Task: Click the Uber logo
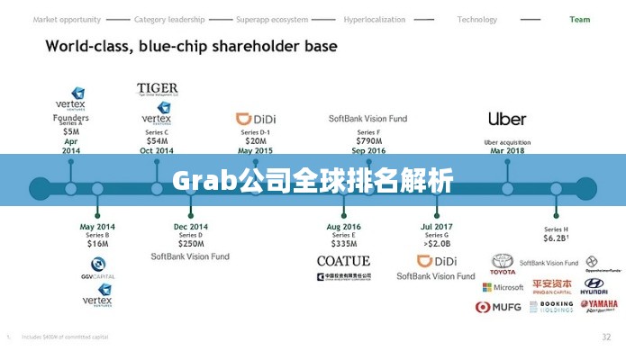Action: tap(507, 119)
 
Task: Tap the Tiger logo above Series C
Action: tap(157, 89)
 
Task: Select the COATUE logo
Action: tap(343, 261)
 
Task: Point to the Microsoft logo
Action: tap(503, 287)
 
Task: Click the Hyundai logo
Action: tap(594, 287)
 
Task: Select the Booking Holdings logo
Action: tap(551, 307)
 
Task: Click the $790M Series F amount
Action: tap(367, 140)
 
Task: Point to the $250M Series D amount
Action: tap(190, 243)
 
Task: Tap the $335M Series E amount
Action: tap(343, 243)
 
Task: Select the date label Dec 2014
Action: tap(190, 227)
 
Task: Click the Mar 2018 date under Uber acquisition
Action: tap(507, 150)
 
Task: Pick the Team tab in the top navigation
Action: tap(580, 19)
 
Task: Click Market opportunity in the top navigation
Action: tap(67, 19)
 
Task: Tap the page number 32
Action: tap(605, 337)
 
